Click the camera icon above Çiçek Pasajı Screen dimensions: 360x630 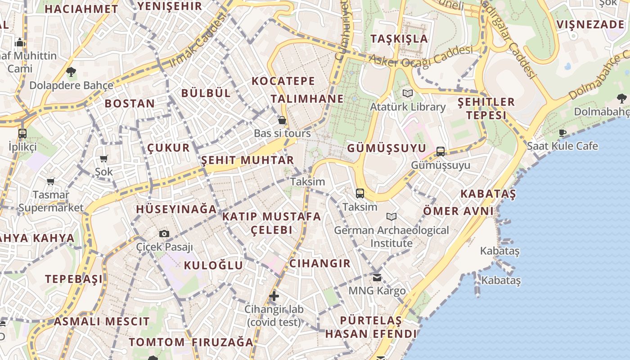(x=164, y=234)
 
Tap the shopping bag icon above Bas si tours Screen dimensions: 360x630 (x=282, y=120)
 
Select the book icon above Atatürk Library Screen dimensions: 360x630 (x=408, y=93)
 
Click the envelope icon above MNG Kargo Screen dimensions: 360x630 (x=377, y=277)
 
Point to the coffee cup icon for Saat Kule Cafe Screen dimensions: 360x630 (x=562, y=133)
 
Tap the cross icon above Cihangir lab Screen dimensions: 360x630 (x=274, y=296)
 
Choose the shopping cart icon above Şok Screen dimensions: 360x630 (x=104, y=158)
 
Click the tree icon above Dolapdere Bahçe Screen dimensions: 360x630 (x=71, y=72)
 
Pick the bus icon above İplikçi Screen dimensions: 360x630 (x=22, y=133)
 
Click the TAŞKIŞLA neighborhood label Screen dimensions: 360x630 (x=399, y=38)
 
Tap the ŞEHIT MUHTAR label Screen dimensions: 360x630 (x=247, y=160)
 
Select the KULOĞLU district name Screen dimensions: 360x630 (x=213, y=265)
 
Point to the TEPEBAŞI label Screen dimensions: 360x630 (x=74, y=279)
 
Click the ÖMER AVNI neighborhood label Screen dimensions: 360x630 (x=458, y=211)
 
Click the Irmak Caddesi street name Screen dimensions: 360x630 (x=198, y=40)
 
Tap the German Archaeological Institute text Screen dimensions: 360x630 (x=391, y=237)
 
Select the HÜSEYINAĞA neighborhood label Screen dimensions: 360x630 (x=176, y=209)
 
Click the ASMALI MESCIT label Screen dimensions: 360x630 (x=102, y=321)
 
